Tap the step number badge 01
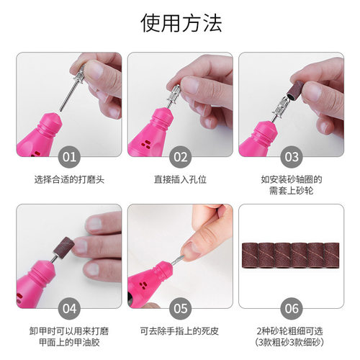69,156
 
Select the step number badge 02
180,156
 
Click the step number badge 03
291,156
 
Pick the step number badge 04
69,307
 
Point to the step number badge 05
180,307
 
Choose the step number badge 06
291,307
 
